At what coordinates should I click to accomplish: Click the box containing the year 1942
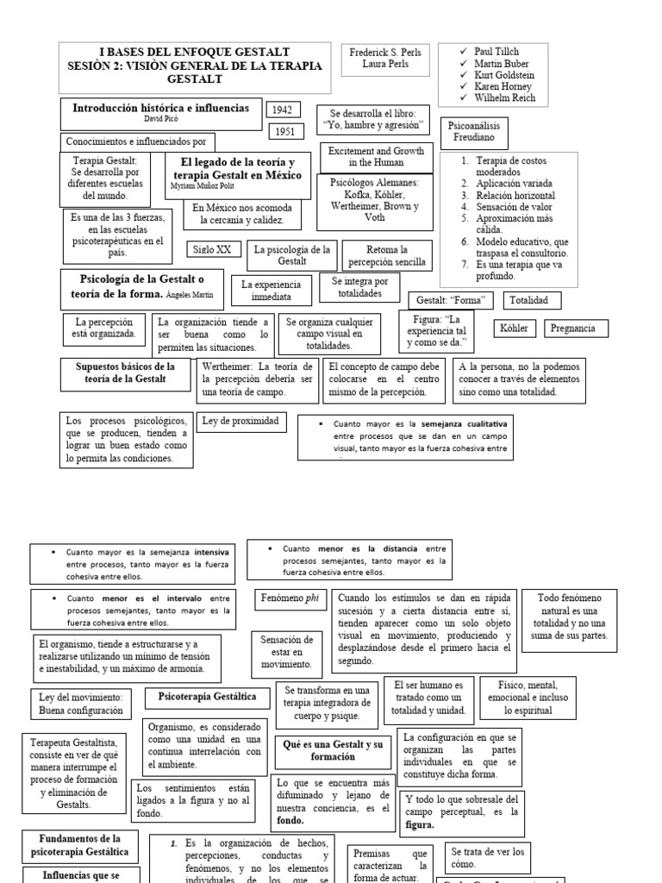click(283, 110)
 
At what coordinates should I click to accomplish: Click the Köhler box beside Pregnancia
click(513, 329)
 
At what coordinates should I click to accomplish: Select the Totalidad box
click(534, 300)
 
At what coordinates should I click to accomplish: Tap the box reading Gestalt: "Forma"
click(452, 301)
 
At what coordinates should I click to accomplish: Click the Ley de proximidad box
click(240, 422)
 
